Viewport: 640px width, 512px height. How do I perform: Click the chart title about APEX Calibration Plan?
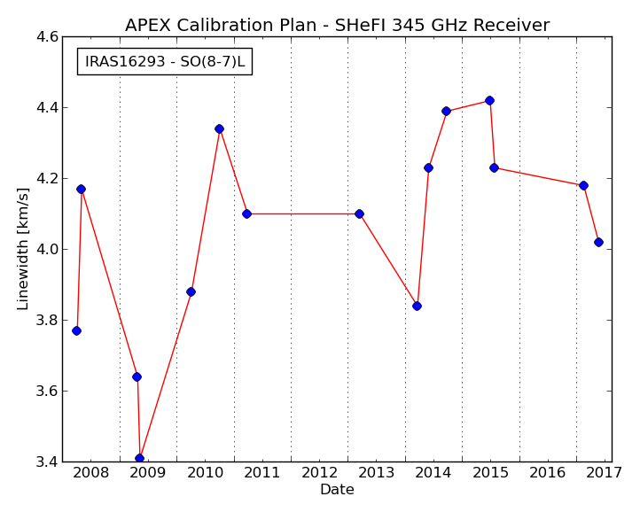(x=337, y=25)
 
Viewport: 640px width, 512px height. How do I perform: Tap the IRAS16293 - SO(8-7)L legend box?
(x=165, y=62)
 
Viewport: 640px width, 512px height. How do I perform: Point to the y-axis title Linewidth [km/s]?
(x=23, y=249)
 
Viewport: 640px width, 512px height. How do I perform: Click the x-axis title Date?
(x=337, y=489)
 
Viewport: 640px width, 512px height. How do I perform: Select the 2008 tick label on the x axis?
(x=91, y=473)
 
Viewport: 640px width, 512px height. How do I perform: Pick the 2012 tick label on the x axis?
(x=320, y=473)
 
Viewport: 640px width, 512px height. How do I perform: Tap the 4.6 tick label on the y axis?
(x=47, y=36)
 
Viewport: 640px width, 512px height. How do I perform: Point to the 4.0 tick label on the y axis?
(x=47, y=249)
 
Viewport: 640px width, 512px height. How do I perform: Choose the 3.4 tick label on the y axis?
(x=47, y=462)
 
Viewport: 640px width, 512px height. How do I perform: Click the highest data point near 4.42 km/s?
(x=489, y=100)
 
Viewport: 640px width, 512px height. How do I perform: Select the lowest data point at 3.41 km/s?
(x=139, y=458)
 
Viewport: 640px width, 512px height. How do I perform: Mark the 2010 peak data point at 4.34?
(x=219, y=129)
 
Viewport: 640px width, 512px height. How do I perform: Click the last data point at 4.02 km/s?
(x=598, y=243)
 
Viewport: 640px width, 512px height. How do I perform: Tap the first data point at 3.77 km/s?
(x=76, y=331)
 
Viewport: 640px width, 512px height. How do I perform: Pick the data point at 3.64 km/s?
(x=137, y=377)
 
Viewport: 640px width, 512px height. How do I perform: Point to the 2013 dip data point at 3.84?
(x=417, y=306)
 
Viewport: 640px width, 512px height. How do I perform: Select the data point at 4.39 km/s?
(x=446, y=111)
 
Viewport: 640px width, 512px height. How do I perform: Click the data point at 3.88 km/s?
(x=191, y=291)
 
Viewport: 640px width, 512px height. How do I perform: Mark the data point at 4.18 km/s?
(x=583, y=186)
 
